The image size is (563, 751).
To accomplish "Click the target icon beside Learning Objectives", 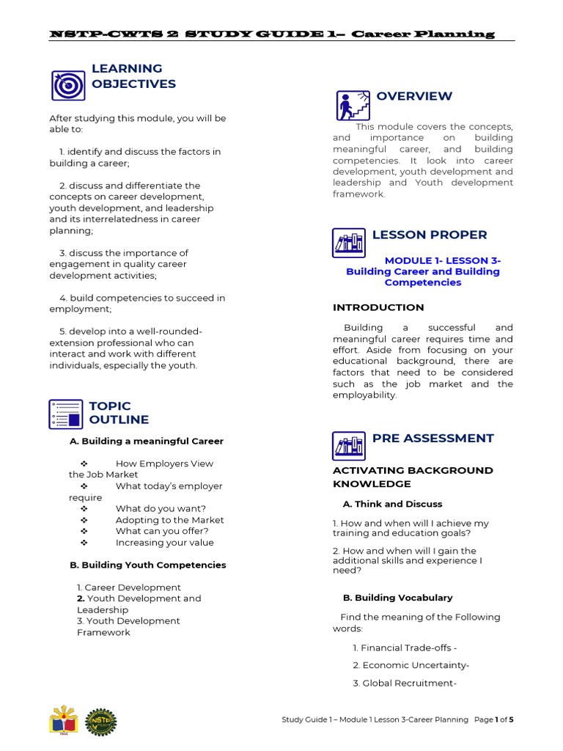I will tap(67, 85).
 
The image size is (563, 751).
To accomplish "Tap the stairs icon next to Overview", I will tap(352, 105).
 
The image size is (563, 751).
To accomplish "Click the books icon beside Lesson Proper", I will tap(348, 243).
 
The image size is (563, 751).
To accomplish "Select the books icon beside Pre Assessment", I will tap(348, 446).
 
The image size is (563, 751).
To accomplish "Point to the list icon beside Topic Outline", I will tap(66, 414).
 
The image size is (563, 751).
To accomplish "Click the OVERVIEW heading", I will tap(414, 96).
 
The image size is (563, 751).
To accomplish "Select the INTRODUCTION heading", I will tap(378, 307).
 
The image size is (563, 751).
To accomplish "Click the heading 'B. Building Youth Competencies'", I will tap(147, 565).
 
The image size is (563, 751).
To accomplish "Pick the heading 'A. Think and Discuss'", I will tap(392, 504).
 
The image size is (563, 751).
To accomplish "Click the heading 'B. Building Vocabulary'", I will tap(397, 598).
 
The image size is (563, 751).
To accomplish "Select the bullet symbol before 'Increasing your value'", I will tap(84, 543).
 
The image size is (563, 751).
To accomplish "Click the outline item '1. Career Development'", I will tap(128, 587).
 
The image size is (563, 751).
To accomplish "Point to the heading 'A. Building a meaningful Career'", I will tap(147, 441).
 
